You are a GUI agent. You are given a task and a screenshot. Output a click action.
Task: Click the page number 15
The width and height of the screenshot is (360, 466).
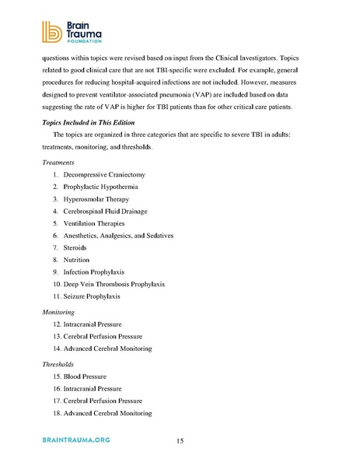[180, 441]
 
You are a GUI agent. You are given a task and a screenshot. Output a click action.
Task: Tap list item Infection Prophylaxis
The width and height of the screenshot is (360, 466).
[103, 272]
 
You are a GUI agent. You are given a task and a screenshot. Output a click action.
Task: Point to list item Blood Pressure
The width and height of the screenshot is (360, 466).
[93, 377]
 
